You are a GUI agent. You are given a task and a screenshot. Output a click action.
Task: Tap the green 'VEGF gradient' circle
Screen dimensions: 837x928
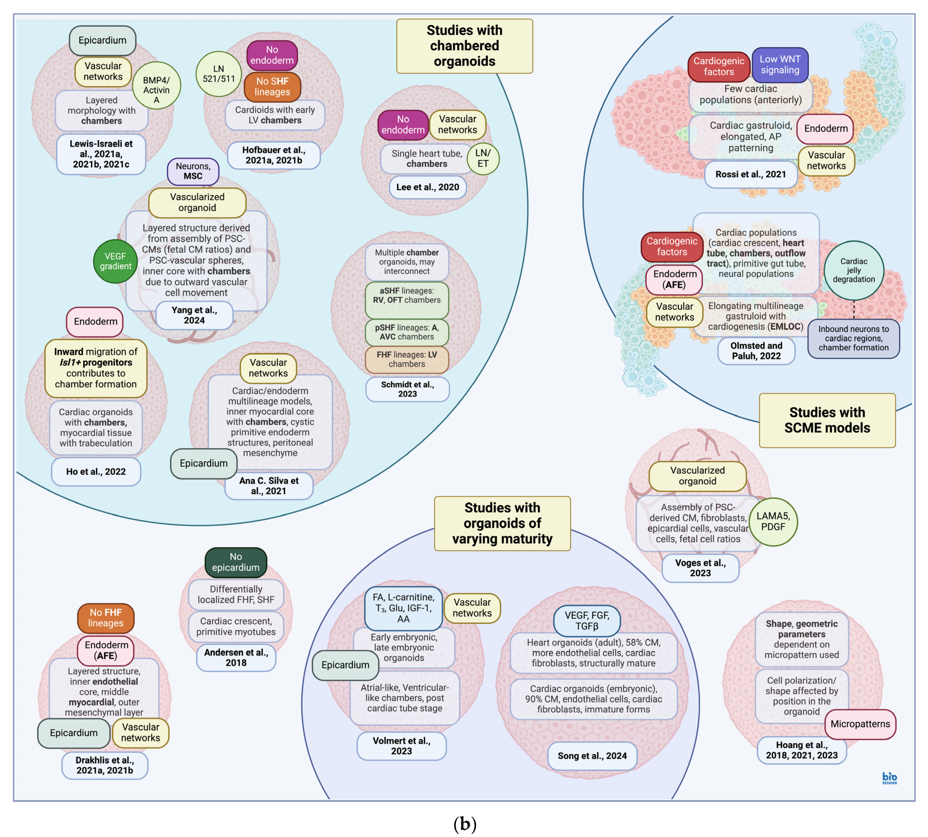point(115,261)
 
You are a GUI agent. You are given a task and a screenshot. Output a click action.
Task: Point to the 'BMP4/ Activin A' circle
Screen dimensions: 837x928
point(156,85)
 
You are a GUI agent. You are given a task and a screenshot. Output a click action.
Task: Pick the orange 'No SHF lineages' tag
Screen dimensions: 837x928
point(272,86)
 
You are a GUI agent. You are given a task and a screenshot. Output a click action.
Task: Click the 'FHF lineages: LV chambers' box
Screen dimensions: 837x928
point(407,359)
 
